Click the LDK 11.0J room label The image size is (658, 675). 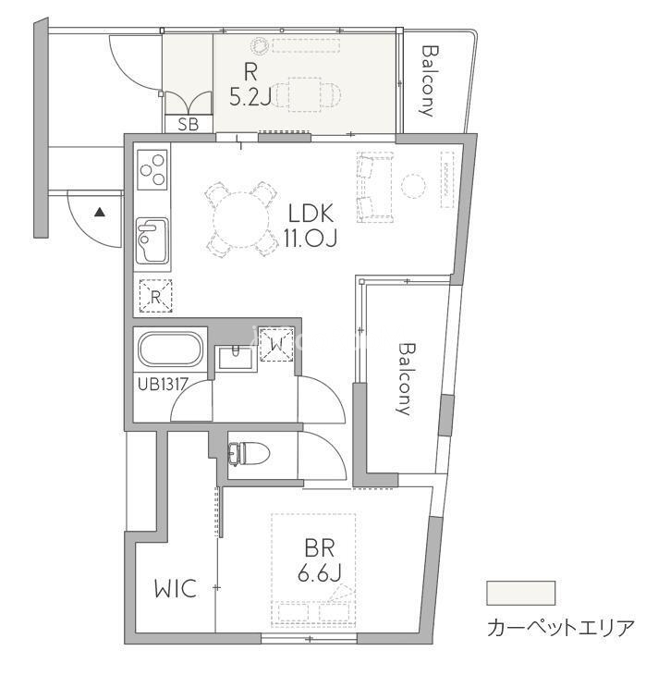pos(310,225)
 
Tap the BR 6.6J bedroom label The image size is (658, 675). pos(320,560)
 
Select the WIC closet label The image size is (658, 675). pos(176,588)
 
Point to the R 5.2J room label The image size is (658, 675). pos(250,84)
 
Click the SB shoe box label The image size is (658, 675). pos(188,124)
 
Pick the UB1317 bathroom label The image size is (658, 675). pos(163,384)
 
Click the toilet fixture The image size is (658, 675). pos(249,454)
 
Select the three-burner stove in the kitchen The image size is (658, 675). pos(152,169)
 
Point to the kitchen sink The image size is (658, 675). pos(152,240)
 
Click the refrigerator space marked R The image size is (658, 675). pos(155,296)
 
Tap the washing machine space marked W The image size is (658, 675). pos(277,344)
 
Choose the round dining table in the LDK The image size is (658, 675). pos(241,219)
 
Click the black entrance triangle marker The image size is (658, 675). pos(100,212)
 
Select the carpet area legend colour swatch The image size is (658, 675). pos(520,593)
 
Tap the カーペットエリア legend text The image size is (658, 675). pos(561,629)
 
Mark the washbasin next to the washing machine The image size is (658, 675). pos(236,358)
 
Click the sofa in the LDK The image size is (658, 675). pos(375,188)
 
